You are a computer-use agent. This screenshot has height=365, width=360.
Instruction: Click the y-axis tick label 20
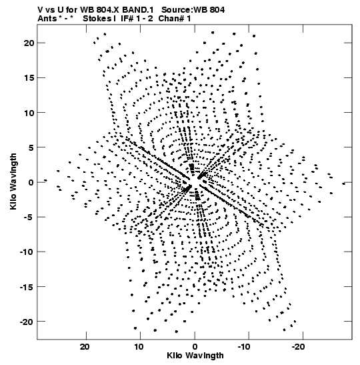29,43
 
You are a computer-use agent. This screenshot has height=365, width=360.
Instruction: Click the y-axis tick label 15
29,78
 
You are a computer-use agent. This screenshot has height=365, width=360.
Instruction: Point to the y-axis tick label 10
29,113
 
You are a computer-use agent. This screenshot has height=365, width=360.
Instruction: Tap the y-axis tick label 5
31,147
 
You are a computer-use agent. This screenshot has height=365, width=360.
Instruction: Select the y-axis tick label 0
31,182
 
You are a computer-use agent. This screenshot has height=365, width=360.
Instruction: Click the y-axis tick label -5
29,217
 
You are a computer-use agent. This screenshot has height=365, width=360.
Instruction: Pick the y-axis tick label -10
27,252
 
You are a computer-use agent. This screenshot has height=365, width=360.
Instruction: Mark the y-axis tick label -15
27,287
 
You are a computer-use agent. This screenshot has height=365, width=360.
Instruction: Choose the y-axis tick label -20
27,322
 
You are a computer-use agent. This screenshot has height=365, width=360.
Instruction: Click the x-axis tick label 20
85,347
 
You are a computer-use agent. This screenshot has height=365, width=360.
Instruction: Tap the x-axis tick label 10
139,347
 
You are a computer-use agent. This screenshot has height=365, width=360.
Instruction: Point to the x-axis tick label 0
195,347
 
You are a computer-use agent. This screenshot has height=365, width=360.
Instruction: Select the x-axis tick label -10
244,347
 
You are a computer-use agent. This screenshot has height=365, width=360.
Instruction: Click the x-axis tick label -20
299,347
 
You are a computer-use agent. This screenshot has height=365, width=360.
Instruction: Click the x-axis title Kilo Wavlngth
195,356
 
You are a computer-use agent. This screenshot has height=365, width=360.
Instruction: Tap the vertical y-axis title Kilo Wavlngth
13,181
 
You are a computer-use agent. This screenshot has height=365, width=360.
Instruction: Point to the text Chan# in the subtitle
171,19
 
